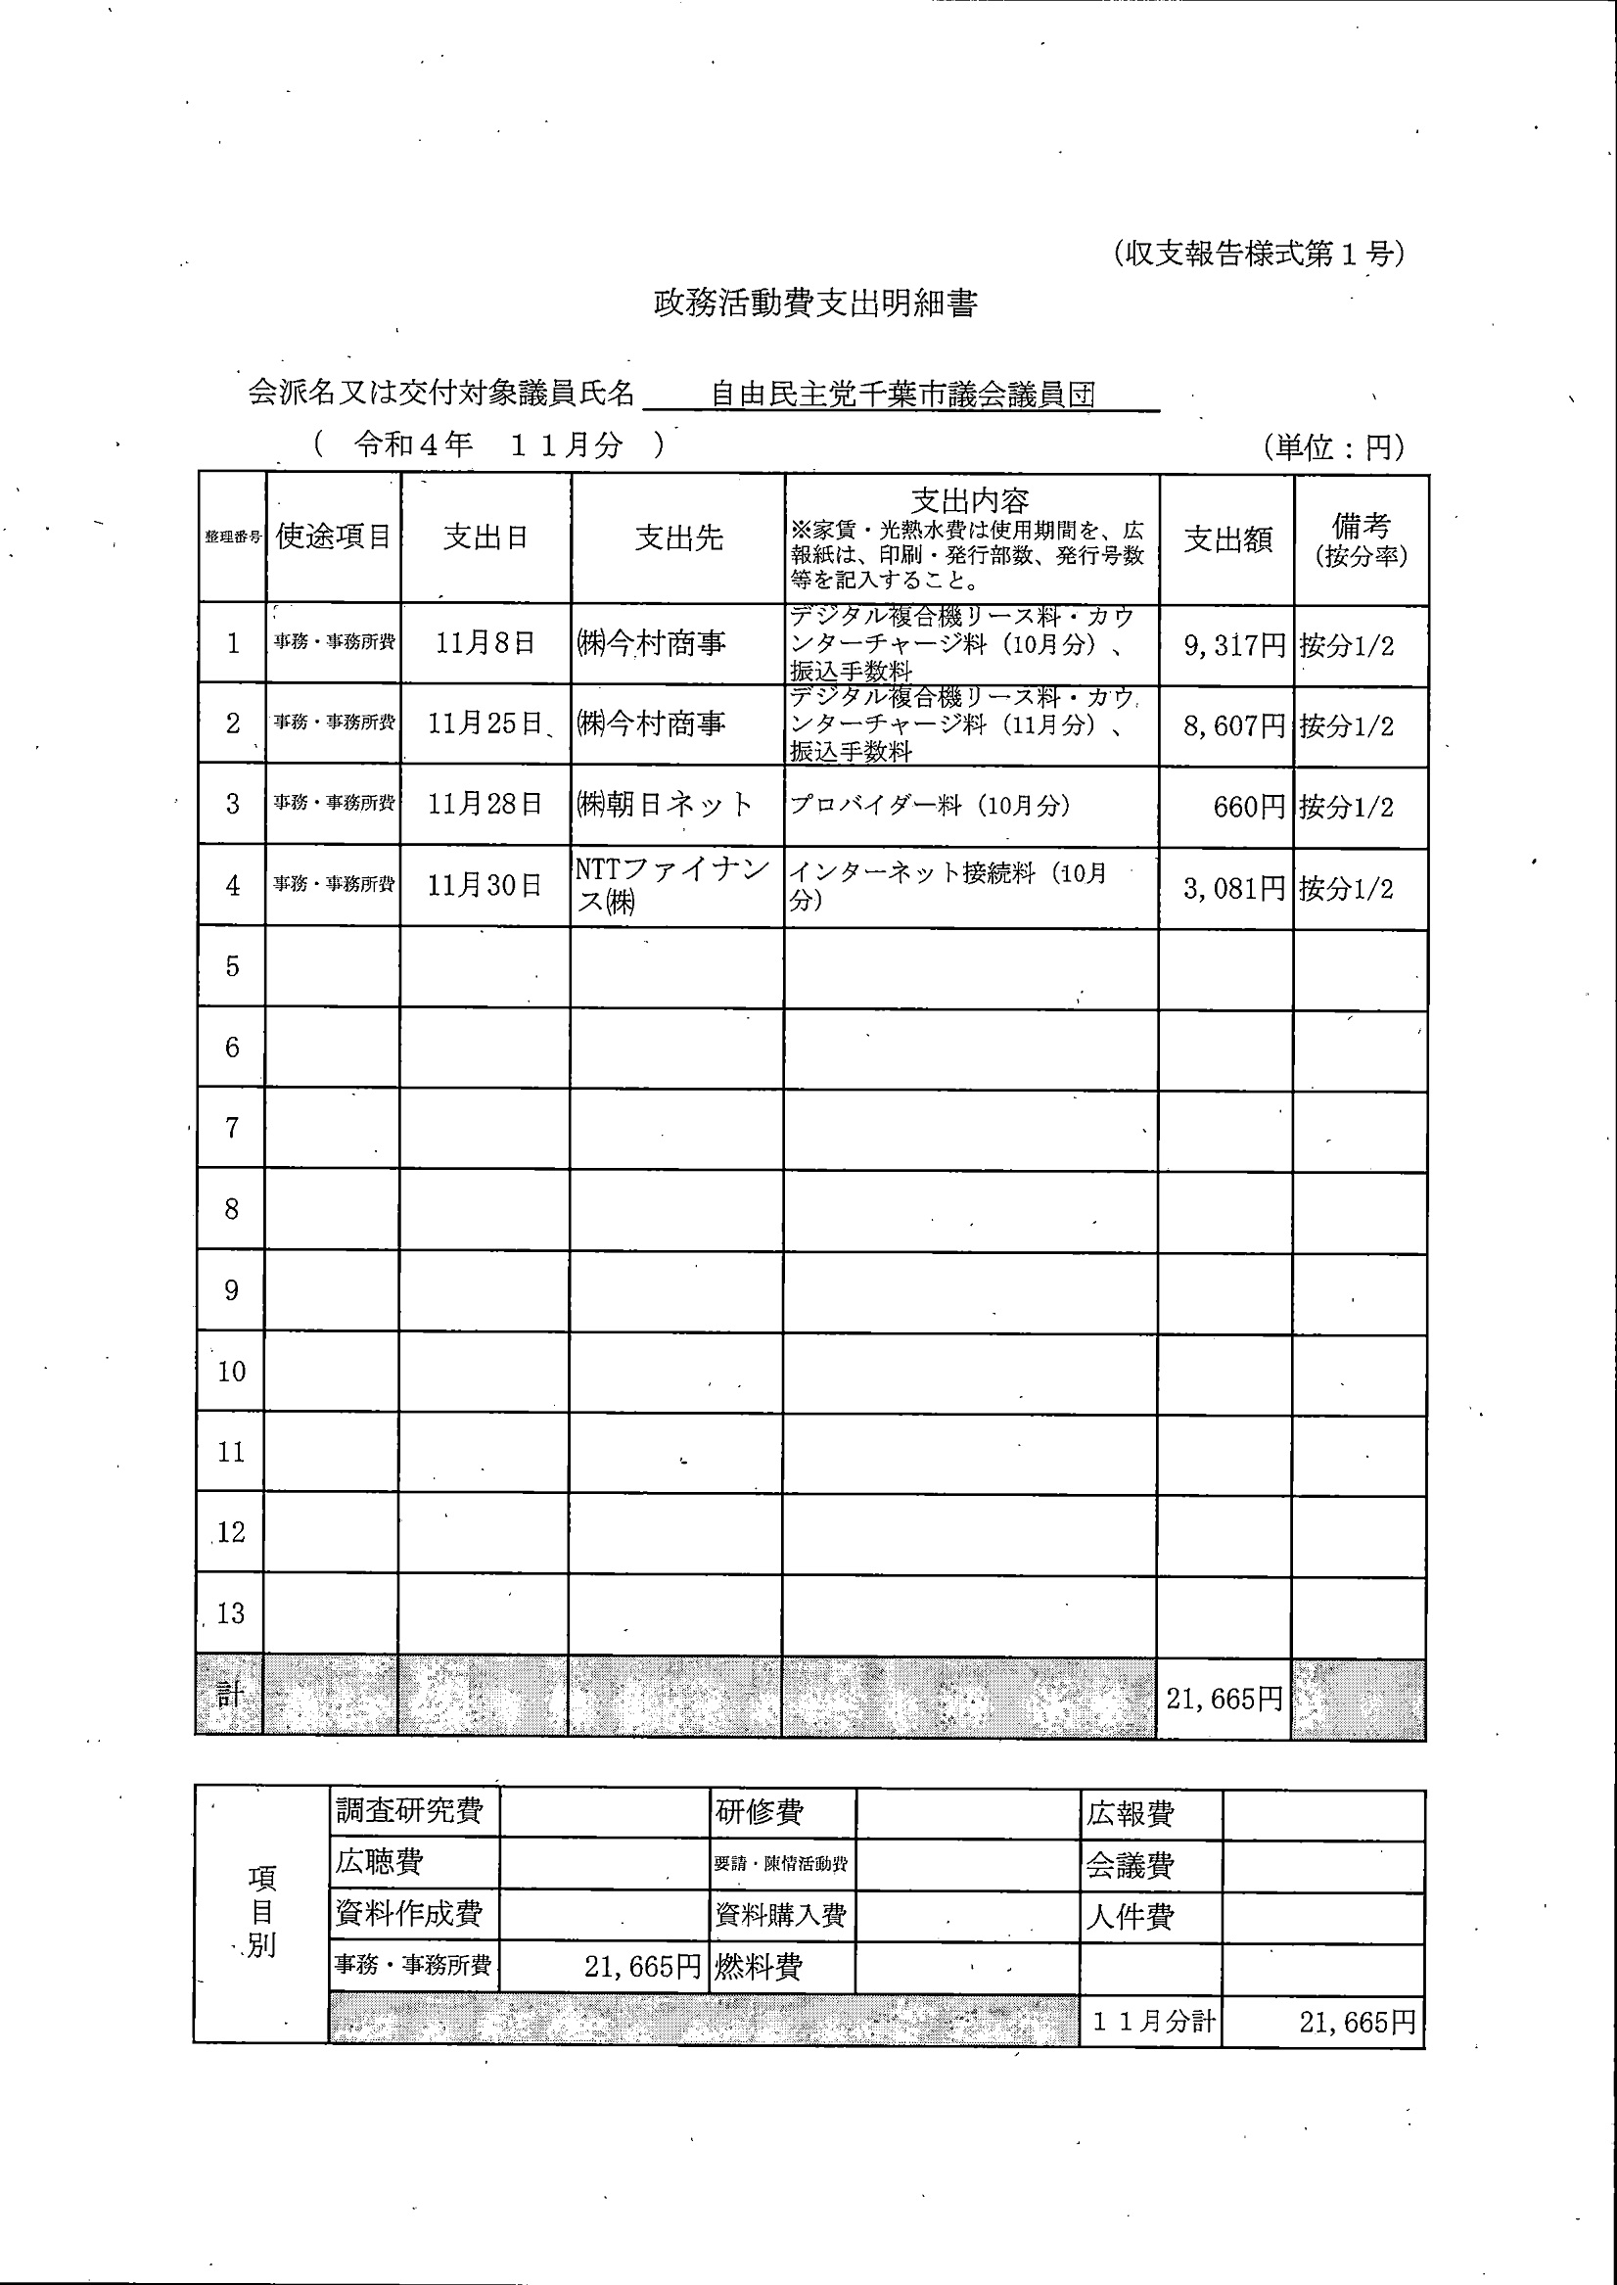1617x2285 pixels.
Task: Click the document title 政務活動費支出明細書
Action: point(814,303)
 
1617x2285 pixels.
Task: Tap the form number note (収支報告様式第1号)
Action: point(1259,254)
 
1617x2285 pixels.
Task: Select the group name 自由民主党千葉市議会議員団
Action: point(902,396)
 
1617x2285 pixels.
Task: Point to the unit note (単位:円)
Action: point(1334,447)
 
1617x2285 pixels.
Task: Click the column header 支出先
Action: point(678,537)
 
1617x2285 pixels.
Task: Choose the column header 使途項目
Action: point(334,536)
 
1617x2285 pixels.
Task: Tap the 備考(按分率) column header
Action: point(1361,538)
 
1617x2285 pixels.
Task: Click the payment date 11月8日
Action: point(485,643)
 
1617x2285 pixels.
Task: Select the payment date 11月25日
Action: point(485,723)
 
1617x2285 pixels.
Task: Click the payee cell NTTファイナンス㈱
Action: point(672,885)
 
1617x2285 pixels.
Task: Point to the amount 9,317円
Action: point(1233,645)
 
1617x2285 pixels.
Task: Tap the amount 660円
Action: point(1249,807)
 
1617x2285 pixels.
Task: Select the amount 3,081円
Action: point(1233,888)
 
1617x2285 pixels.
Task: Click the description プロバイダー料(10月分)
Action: point(930,805)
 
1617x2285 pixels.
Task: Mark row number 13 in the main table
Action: point(231,1613)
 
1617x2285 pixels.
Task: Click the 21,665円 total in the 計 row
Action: point(1224,1698)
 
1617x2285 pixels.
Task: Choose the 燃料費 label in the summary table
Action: point(759,1967)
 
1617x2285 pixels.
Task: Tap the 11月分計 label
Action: point(1154,2020)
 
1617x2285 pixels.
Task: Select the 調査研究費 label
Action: point(409,1810)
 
